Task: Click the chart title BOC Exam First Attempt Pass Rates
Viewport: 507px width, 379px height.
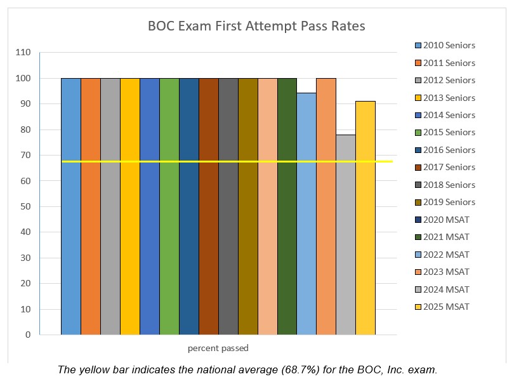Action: pyautogui.click(x=256, y=26)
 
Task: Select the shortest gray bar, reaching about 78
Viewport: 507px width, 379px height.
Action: pyautogui.click(x=345, y=235)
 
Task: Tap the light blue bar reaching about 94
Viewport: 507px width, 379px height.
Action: pyautogui.click(x=306, y=216)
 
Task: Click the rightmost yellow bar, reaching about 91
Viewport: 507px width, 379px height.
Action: pyautogui.click(x=365, y=219)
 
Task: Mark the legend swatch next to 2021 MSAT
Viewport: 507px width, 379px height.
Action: pyautogui.click(x=417, y=237)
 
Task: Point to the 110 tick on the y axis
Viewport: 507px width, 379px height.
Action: pyautogui.click(x=23, y=53)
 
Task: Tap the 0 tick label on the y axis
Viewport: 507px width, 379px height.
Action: pyautogui.click(x=27, y=335)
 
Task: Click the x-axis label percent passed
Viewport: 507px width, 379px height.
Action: pyautogui.click(x=218, y=348)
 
